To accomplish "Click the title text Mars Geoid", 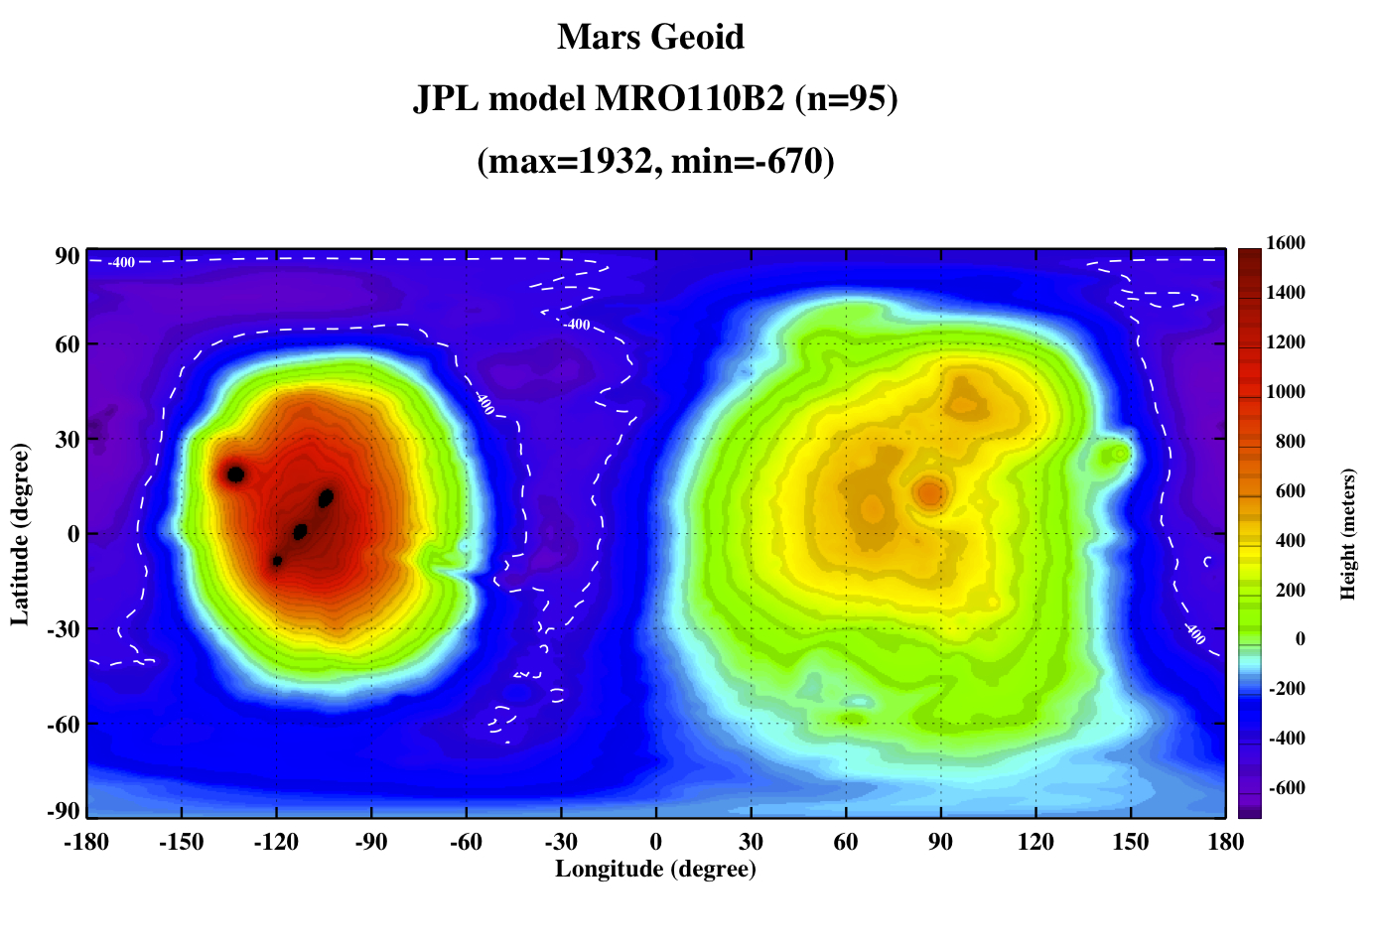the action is pyautogui.click(x=650, y=37).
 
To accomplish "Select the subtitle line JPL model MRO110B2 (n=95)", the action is pyautogui.click(x=655, y=98).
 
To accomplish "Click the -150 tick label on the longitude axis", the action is pyautogui.click(x=181, y=841).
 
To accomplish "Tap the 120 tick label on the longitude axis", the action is pyautogui.click(x=1035, y=841).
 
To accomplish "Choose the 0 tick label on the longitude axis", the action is pyautogui.click(x=656, y=841).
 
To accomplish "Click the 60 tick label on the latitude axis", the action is pyautogui.click(x=68, y=344).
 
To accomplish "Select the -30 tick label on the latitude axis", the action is pyautogui.click(x=64, y=629).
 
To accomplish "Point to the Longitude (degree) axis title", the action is pyautogui.click(x=655, y=869).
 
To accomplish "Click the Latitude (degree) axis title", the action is pyautogui.click(x=20, y=534).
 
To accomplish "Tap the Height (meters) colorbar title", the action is pyautogui.click(x=1347, y=534).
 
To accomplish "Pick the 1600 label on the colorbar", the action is pyautogui.click(x=1286, y=242).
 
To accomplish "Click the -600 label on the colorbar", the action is pyautogui.click(x=1288, y=787).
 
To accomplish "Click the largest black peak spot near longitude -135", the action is pyautogui.click(x=235, y=474).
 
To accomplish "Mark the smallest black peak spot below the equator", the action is pyautogui.click(x=277, y=561).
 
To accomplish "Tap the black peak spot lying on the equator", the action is pyautogui.click(x=300, y=531).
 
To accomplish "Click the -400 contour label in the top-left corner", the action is pyautogui.click(x=121, y=262).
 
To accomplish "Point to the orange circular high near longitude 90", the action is pyautogui.click(x=930, y=493).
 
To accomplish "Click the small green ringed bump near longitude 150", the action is pyautogui.click(x=1119, y=455).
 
